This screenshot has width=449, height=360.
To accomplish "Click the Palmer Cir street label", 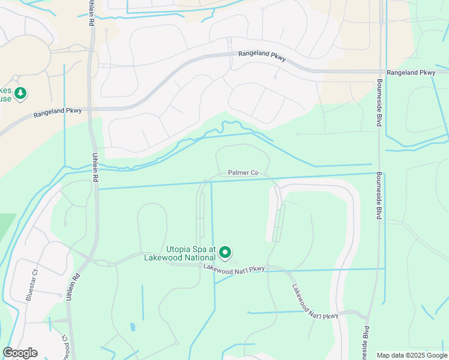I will [243, 173].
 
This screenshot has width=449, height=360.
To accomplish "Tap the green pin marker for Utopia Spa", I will [226, 253].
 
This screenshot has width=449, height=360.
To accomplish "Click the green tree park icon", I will [21, 93].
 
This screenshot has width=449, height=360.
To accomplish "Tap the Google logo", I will [20, 353].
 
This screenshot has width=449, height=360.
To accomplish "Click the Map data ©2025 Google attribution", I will [412, 355].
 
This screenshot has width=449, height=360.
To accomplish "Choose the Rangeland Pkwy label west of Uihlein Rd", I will [57, 112].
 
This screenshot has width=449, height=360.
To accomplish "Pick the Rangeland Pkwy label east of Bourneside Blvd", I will [411, 73].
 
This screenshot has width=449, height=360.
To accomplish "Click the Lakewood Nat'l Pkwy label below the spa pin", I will [234, 271].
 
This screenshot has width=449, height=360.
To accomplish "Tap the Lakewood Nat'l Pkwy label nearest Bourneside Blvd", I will [317, 316].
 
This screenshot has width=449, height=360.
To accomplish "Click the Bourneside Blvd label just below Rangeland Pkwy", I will [379, 103].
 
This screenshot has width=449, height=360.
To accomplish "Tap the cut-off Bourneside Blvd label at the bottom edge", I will [366, 342].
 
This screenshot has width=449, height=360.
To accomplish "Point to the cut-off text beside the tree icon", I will [5, 94].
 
